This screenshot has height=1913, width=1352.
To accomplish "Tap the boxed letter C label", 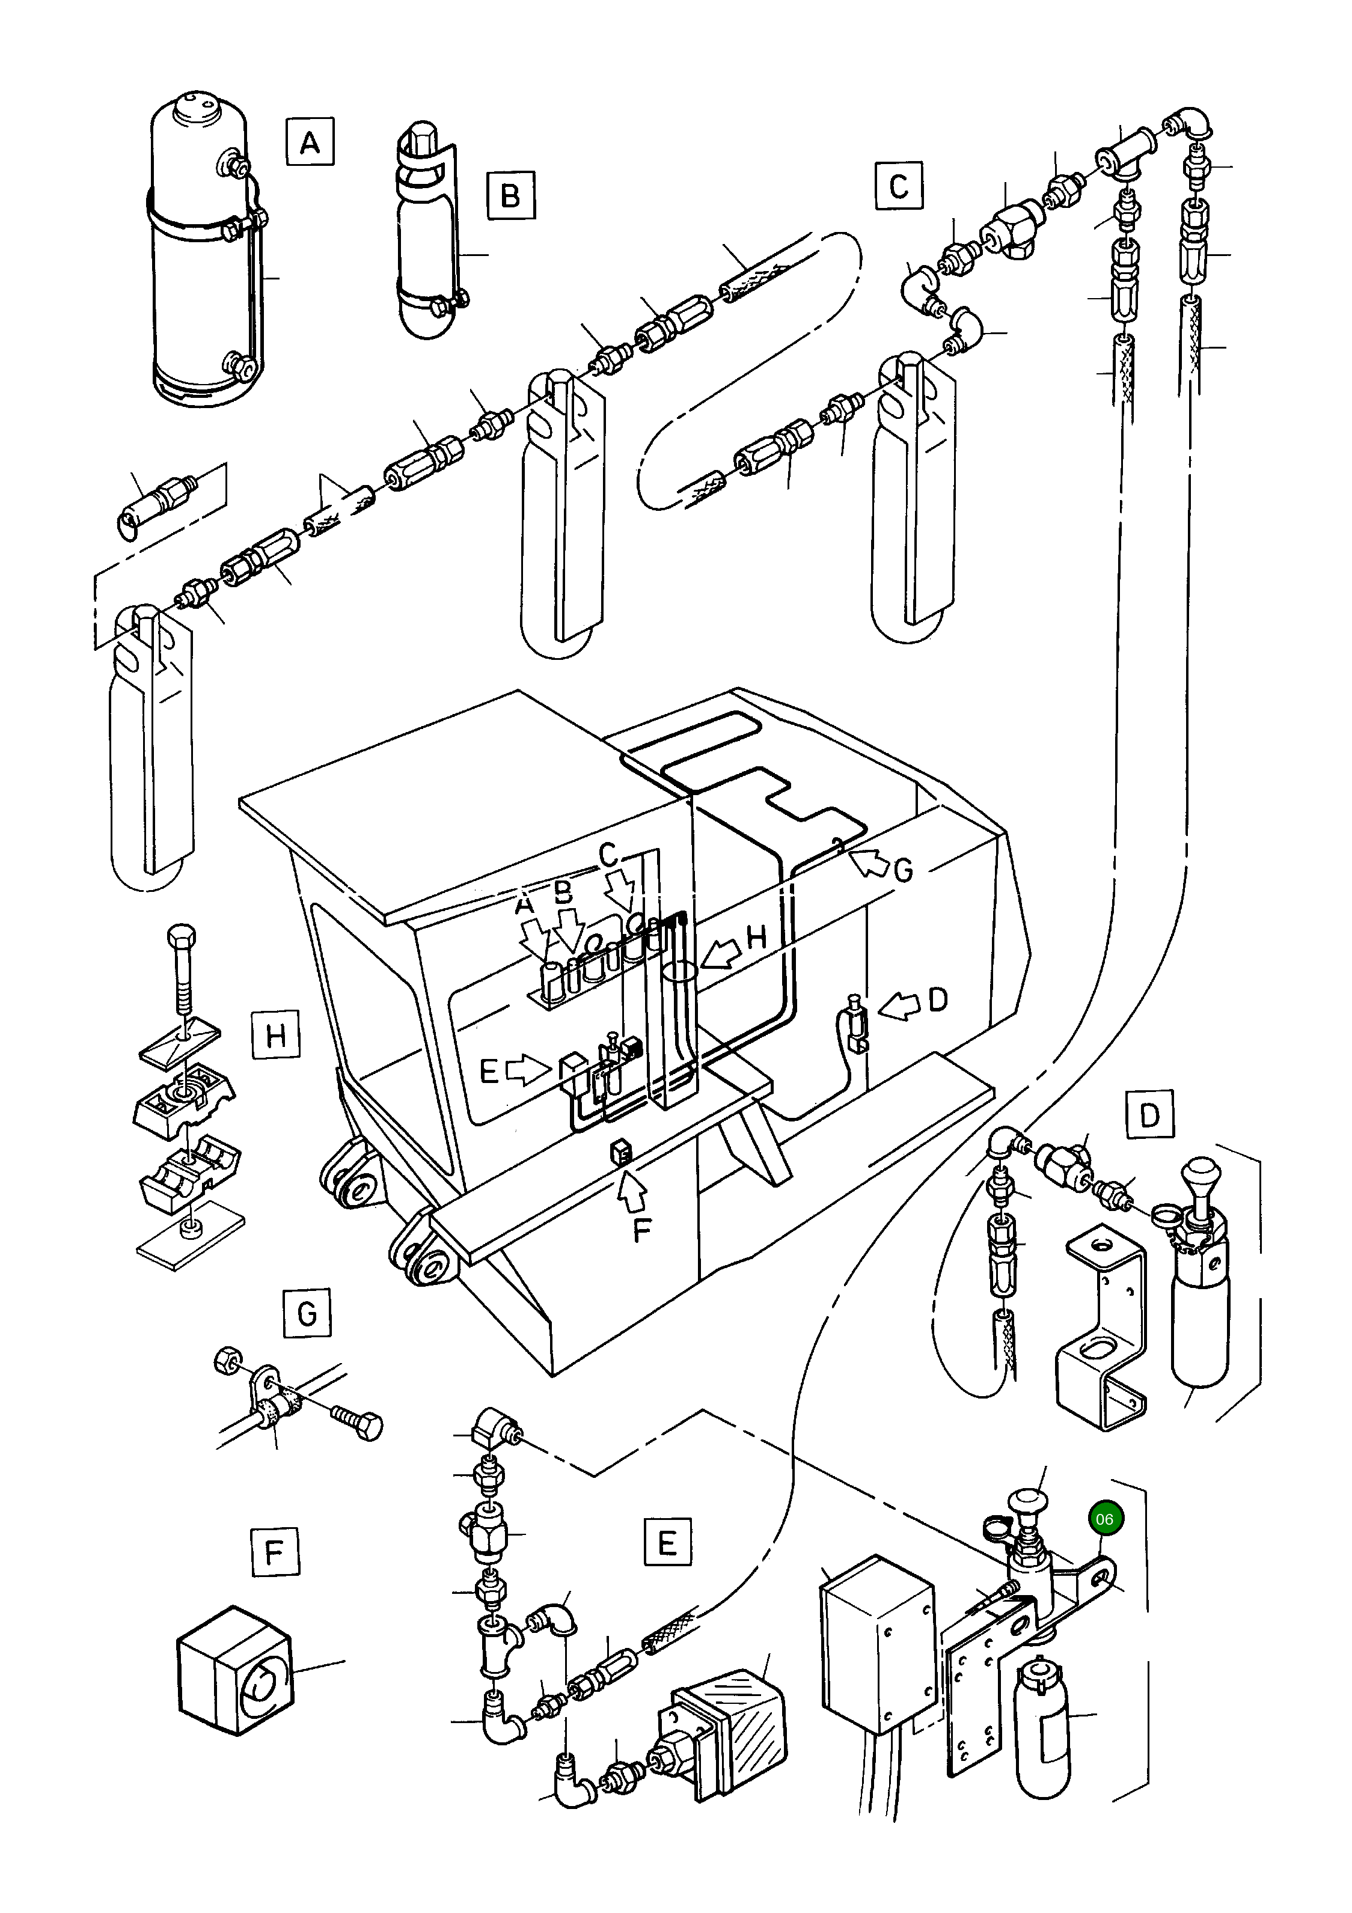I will point(899,185).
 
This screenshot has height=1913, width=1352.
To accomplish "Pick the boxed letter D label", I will point(1149,1115).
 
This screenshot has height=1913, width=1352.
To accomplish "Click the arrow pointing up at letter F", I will point(634,1192).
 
